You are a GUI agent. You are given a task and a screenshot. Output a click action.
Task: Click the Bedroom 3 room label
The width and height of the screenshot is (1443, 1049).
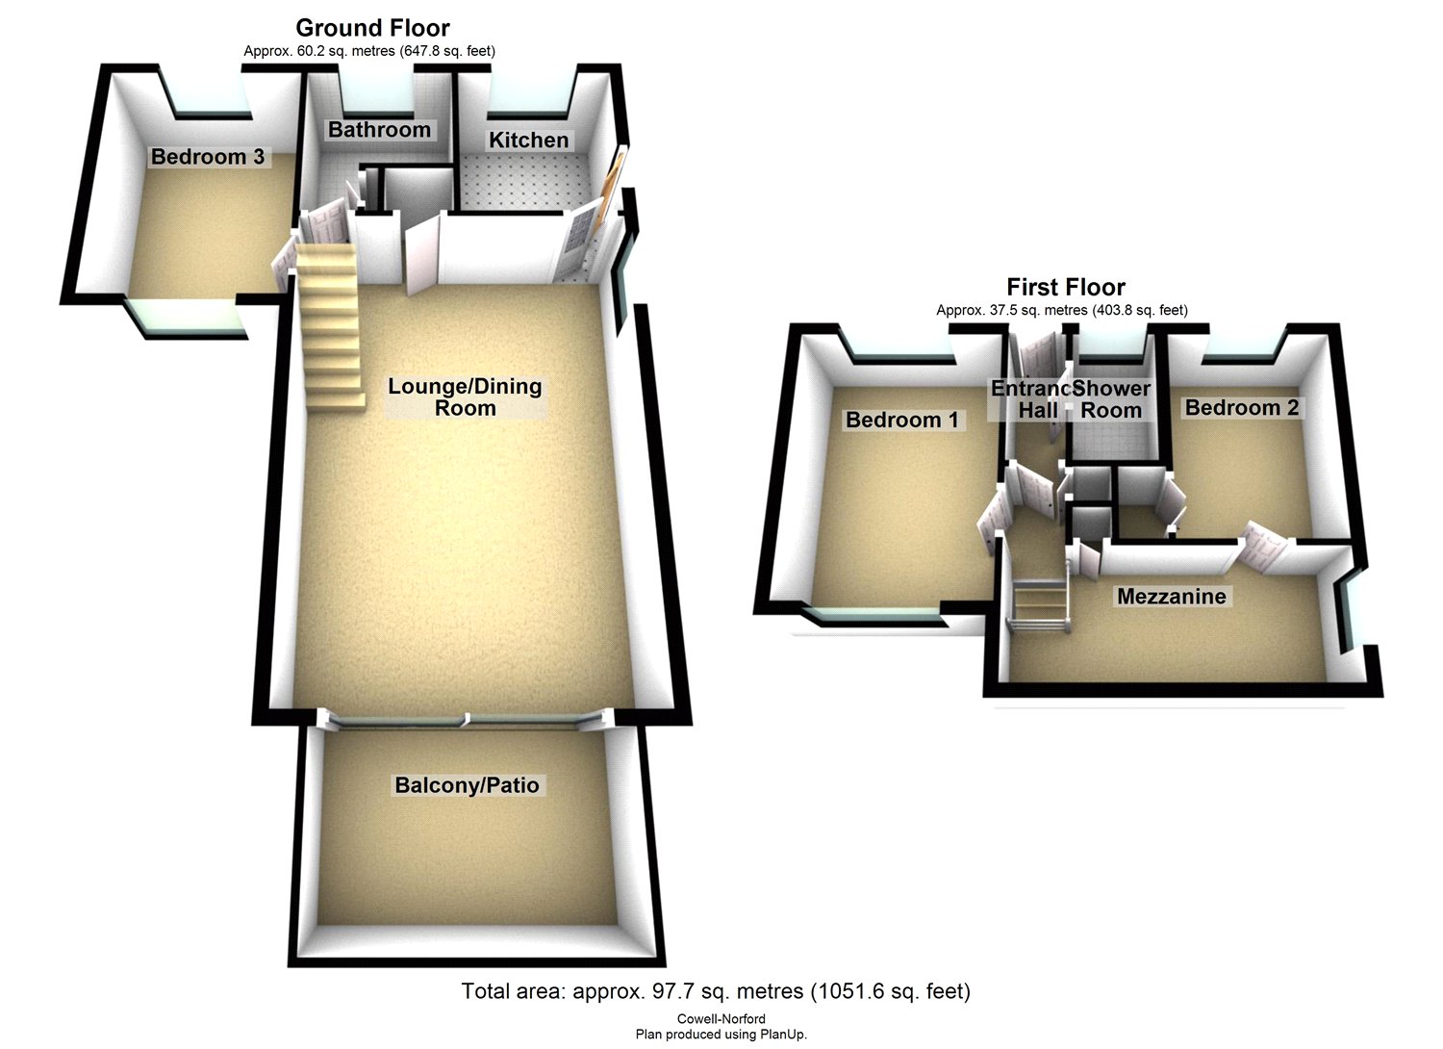click(208, 157)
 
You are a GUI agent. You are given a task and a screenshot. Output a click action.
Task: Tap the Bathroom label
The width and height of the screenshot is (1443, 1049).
click(379, 130)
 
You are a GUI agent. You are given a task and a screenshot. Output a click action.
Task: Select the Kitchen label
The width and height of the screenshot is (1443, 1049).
click(528, 141)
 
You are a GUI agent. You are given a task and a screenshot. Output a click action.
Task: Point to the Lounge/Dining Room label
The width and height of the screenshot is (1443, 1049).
click(466, 397)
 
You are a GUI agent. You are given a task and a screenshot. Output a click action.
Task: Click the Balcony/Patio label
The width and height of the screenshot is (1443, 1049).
click(467, 785)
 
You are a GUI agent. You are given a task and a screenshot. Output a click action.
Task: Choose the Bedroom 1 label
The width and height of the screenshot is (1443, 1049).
click(901, 420)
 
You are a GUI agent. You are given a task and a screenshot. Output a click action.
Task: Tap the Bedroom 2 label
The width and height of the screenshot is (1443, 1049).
click(1241, 408)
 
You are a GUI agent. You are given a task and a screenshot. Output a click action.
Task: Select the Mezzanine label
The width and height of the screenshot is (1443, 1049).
click(1171, 597)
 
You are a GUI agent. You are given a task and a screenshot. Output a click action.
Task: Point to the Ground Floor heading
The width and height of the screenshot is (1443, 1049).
click(372, 28)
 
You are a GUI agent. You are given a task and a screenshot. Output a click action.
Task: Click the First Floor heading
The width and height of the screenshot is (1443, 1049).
click(1065, 287)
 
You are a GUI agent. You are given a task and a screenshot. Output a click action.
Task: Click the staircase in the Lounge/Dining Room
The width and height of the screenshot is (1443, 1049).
click(328, 327)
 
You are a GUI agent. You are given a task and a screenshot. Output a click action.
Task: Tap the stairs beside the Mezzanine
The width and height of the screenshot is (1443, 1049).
click(1040, 606)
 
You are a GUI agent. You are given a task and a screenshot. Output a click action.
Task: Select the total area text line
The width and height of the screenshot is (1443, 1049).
click(716, 991)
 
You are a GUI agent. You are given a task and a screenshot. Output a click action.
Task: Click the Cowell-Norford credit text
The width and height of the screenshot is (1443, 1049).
click(721, 1019)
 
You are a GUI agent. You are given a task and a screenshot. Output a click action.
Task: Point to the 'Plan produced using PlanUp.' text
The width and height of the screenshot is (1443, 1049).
click(721, 1035)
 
